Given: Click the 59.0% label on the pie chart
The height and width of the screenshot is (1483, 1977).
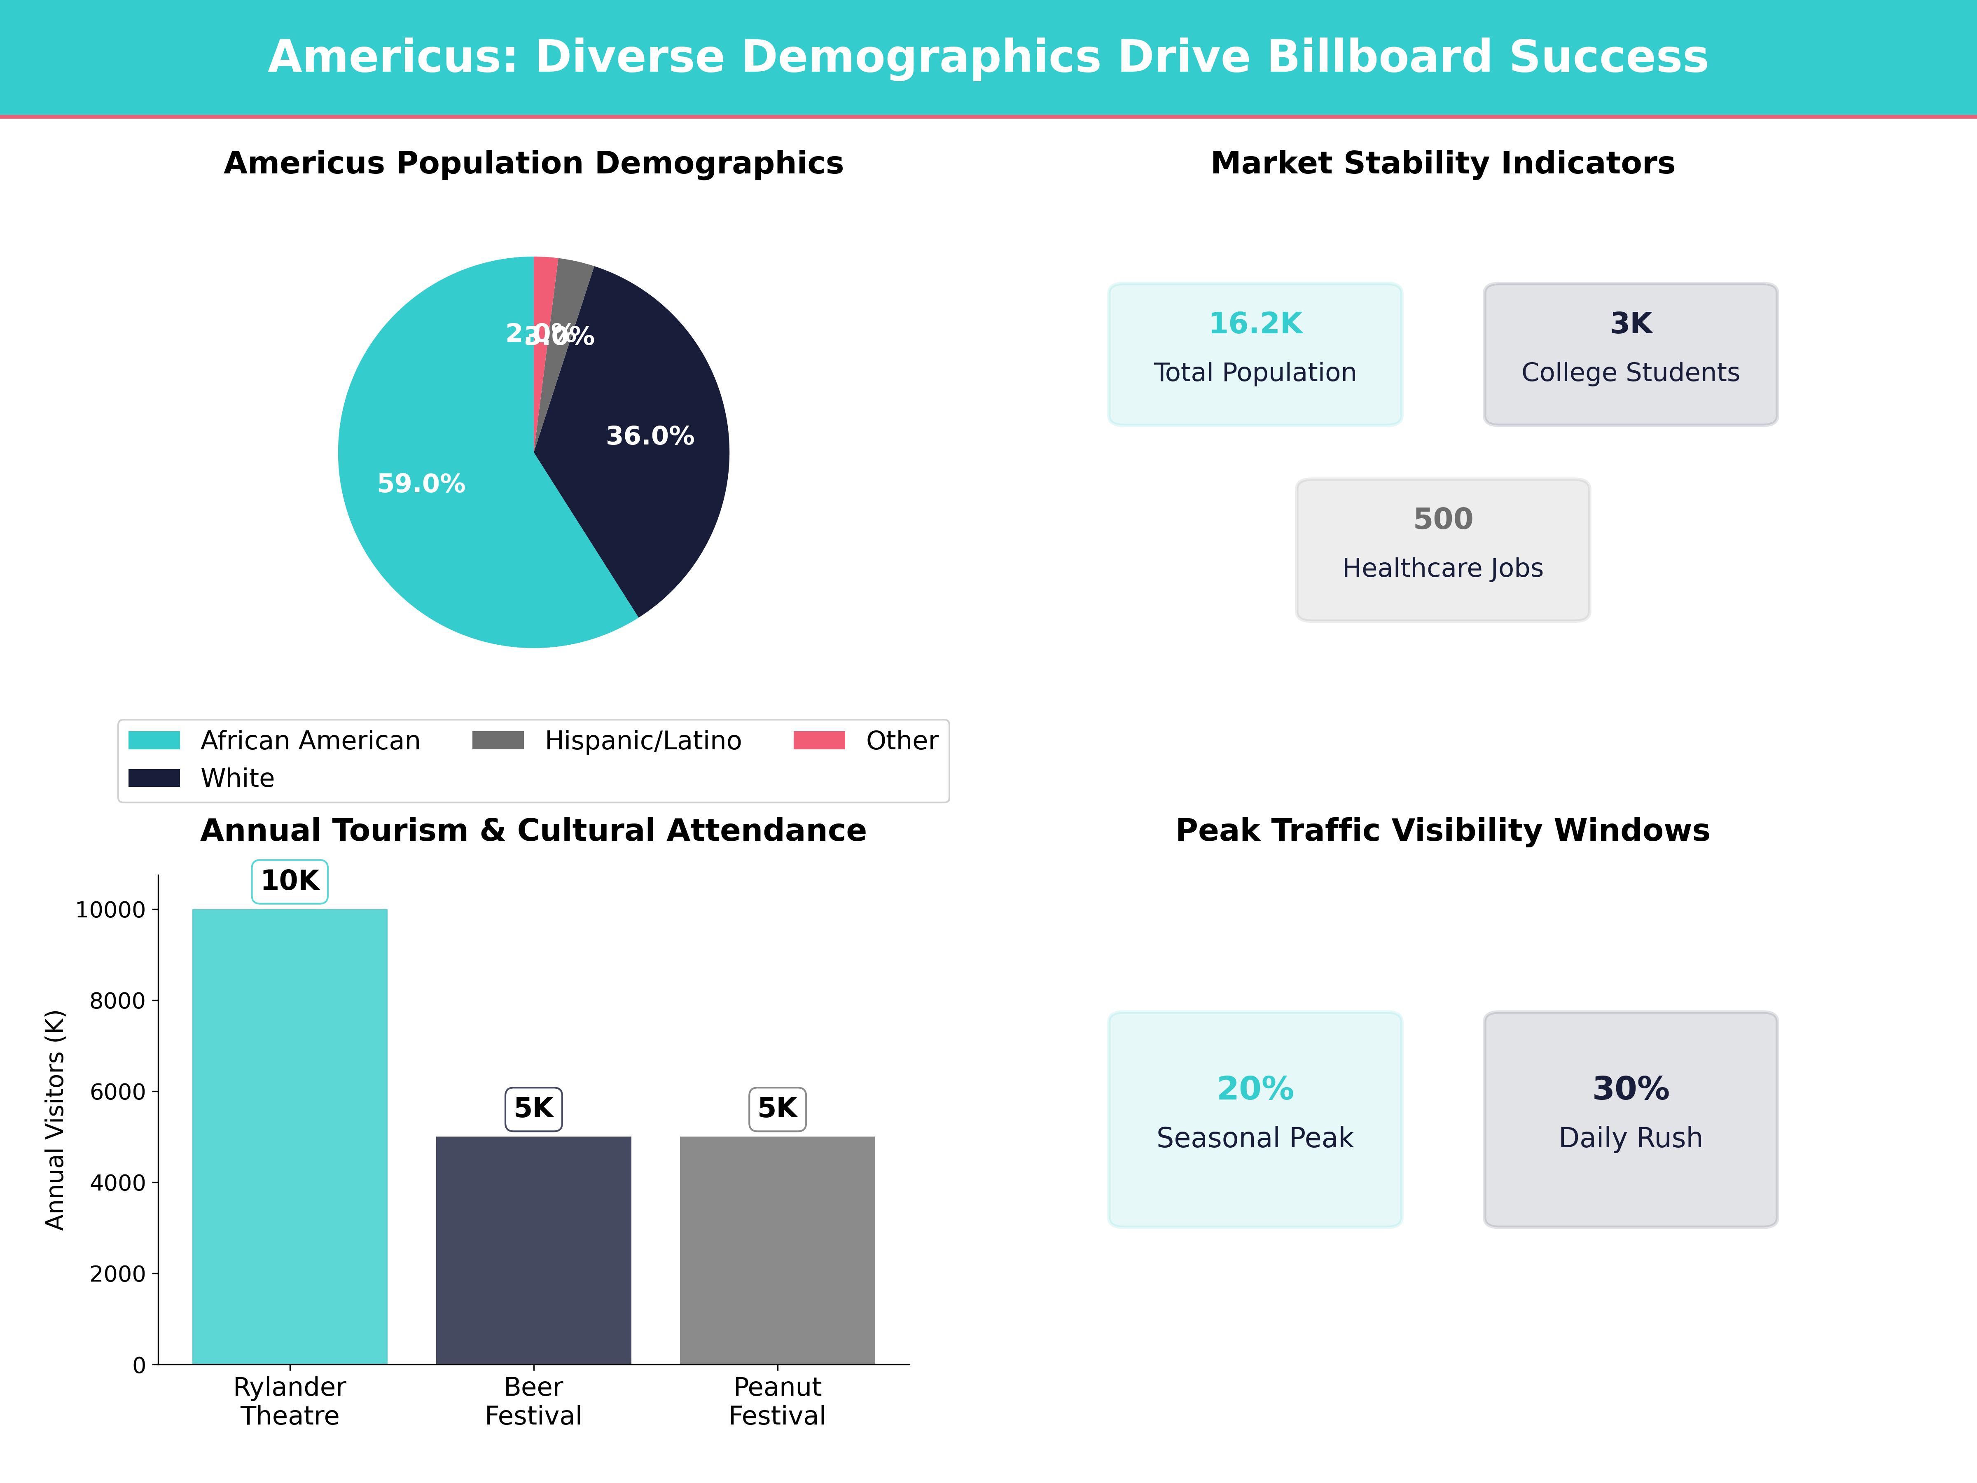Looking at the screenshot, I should (421, 484).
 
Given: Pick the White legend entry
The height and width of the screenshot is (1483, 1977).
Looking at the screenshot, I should (237, 778).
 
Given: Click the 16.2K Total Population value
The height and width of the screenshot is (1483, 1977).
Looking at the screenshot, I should (1255, 324).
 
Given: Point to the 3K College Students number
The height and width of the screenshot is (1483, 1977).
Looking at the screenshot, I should (1630, 324).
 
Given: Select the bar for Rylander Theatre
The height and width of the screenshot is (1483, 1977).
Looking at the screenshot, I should (290, 1135).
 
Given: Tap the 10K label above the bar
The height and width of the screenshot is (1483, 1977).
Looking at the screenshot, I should (290, 880).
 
